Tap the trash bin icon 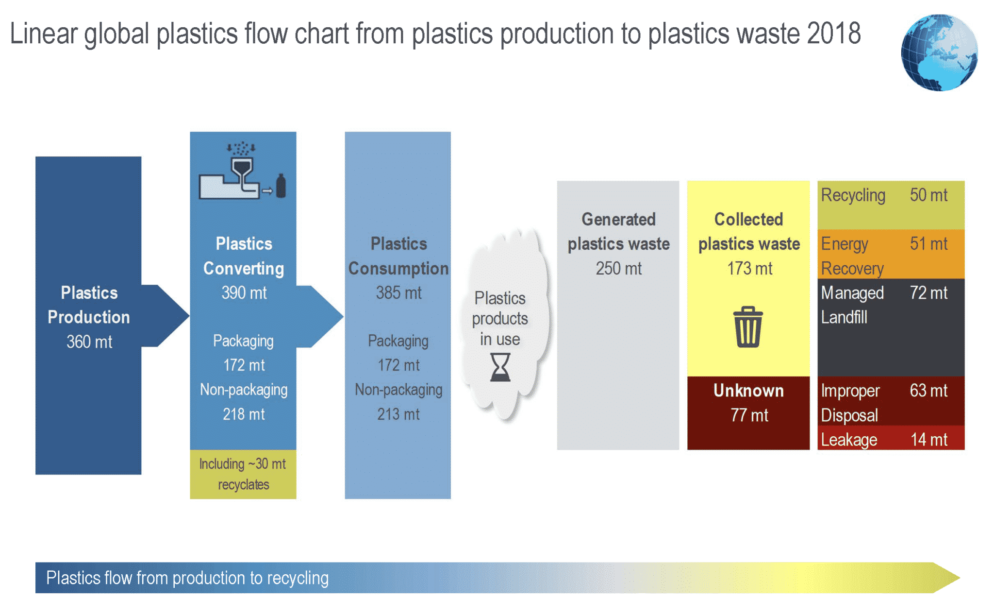748,327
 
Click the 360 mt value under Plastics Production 89,342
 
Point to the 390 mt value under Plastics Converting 244,293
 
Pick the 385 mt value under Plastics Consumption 398,293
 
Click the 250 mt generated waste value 618,269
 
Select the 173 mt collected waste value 749,269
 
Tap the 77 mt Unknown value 749,415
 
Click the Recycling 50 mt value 928,195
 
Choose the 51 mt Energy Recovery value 928,244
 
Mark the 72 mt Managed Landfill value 928,293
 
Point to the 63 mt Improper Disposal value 928,391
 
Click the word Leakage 849,440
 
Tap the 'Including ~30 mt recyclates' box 243,474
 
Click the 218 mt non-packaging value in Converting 244,414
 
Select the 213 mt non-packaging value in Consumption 398,414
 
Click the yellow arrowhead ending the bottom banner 945,578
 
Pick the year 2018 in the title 833,34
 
